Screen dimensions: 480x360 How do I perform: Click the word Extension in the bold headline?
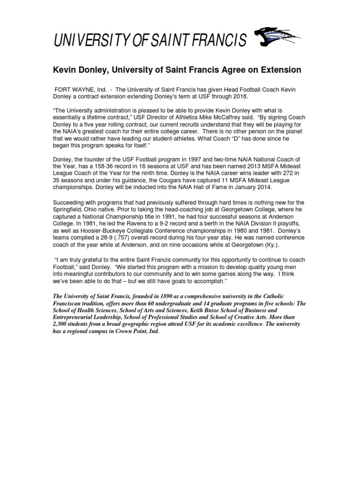pos(277,70)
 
